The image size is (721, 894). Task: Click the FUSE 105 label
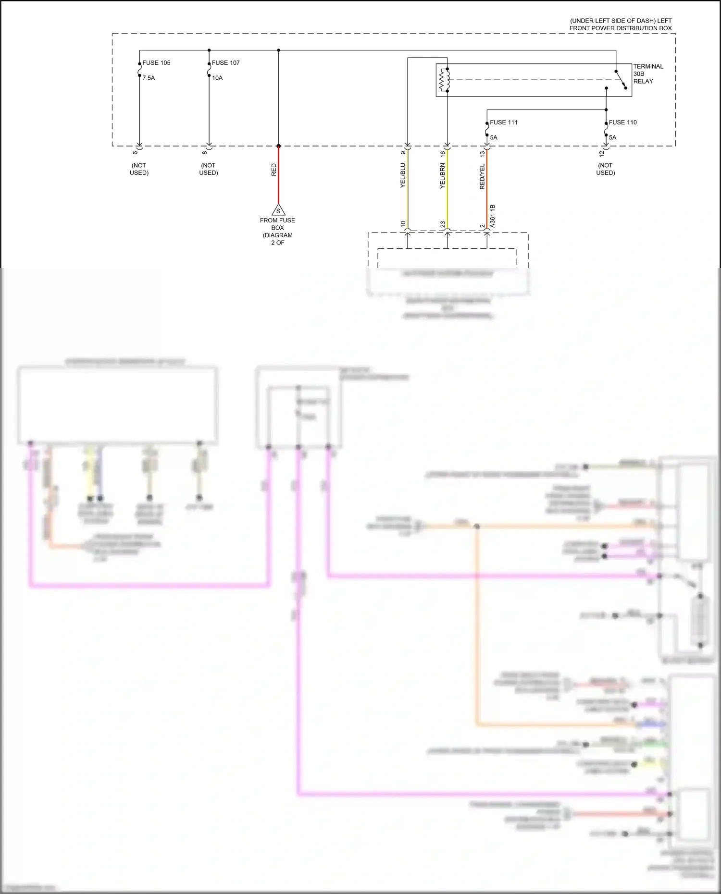156,63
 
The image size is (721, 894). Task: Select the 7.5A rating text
149,78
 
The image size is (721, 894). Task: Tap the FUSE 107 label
225,63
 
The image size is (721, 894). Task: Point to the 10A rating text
217,78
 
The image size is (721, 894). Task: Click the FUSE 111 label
504,122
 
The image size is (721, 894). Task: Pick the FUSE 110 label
622,122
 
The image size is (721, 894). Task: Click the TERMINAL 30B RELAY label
647,74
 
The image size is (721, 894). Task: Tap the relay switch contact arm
621,79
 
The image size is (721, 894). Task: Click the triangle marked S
278,210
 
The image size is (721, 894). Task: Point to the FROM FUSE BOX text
277,224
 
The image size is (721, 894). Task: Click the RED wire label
274,170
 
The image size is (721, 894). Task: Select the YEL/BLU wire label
403,175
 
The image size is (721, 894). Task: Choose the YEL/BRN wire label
443,176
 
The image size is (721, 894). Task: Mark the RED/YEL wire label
482,176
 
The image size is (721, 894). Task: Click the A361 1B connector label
492,216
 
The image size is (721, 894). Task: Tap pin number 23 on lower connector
443,224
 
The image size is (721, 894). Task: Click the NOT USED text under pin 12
606,169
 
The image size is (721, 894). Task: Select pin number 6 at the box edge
135,153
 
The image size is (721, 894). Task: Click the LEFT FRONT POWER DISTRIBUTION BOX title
621,24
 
